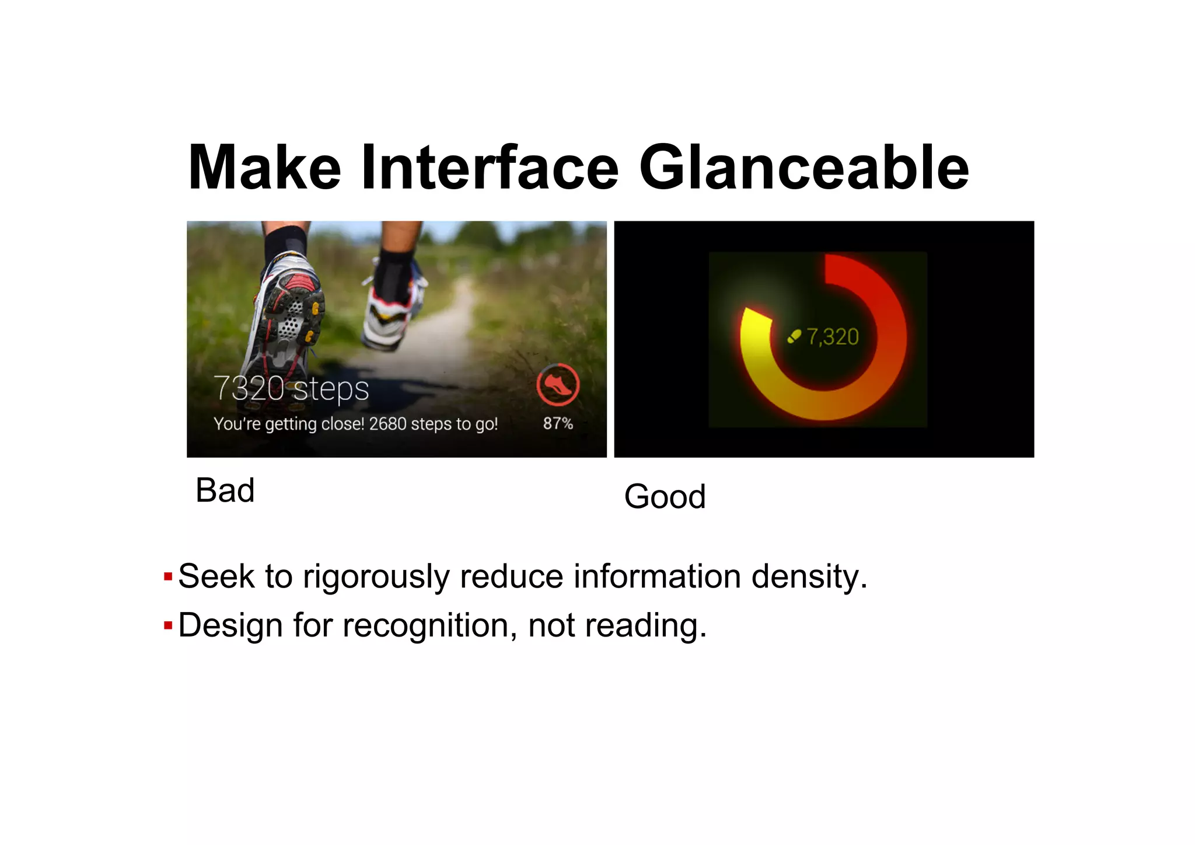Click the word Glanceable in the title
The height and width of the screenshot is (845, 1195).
pyautogui.click(x=803, y=168)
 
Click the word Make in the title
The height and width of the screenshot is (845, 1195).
pyautogui.click(x=264, y=168)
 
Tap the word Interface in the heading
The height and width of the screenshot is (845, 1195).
pyautogui.click(x=490, y=168)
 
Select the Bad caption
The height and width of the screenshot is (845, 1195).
pyautogui.click(x=225, y=490)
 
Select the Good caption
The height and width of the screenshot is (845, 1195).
pyautogui.click(x=665, y=496)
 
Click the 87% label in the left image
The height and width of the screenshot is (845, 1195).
pyautogui.click(x=558, y=423)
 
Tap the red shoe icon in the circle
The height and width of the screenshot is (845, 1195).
pyautogui.click(x=558, y=385)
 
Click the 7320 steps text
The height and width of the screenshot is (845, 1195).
pyautogui.click(x=291, y=388)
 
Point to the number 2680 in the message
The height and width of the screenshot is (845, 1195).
pyautogui.click(x=387, y=423)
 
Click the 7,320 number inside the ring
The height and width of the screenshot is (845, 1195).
pyautogui.click(x=833, y=337)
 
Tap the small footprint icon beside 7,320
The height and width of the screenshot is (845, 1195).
pyautogui.click(x=794, y=336)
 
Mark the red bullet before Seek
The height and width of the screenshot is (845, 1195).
pyautogui.click(x=168, y=577)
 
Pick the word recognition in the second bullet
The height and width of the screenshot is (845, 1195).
pyautogui.click(x=429, y=625)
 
